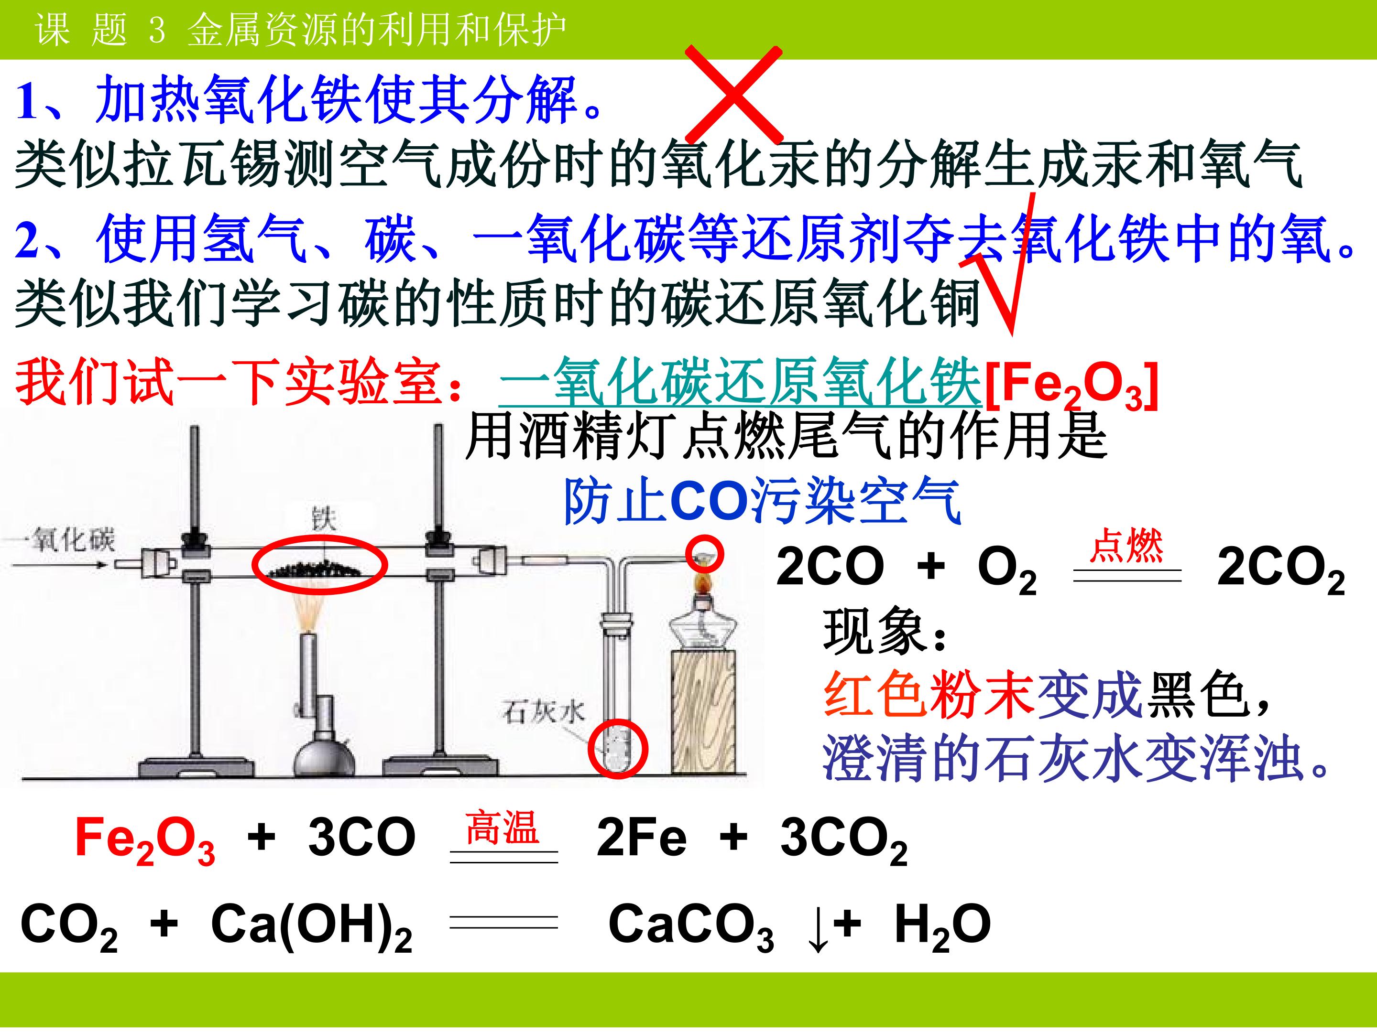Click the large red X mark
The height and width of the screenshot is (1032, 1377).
[x=734, y=95]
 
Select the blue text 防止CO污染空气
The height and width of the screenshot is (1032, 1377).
[x=763, y=501]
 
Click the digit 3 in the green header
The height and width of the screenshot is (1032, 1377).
[x=157, y=30]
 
